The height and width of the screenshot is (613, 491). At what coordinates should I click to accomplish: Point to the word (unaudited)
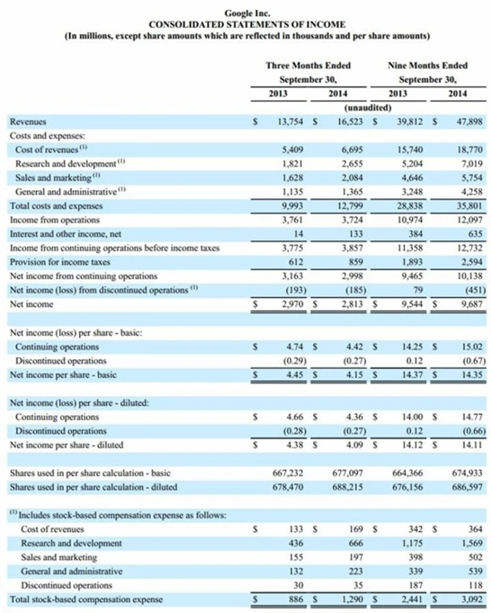(x=358, y=107)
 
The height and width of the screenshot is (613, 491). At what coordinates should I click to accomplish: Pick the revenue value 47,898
(x=463, y=121)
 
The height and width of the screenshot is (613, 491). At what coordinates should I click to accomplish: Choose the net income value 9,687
(x=466, y=303)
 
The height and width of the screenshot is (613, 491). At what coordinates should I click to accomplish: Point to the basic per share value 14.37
(x=408, y=374)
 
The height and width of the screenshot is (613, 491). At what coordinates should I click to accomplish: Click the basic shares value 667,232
(x=290, y=473)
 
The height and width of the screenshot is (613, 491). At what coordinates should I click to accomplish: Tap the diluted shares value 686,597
(x=463, y=487)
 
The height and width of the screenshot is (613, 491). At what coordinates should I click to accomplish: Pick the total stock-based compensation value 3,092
(x=466, y=599)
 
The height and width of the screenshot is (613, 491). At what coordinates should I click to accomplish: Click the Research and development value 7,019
(x=466, y=163)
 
